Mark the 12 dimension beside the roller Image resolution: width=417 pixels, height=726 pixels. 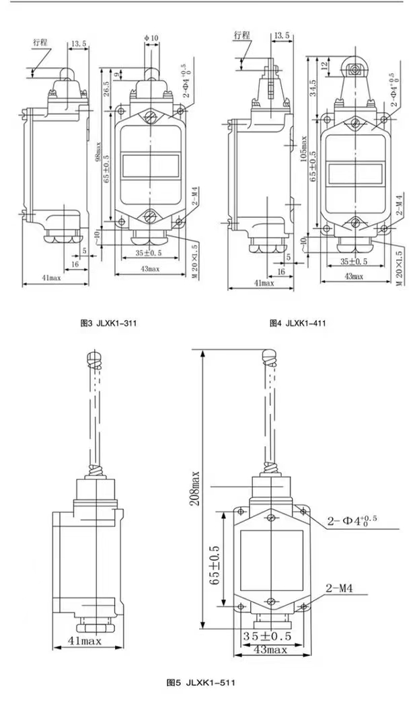325,67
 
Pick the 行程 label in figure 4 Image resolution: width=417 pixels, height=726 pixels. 243,34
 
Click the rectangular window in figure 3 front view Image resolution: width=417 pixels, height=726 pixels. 150,165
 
